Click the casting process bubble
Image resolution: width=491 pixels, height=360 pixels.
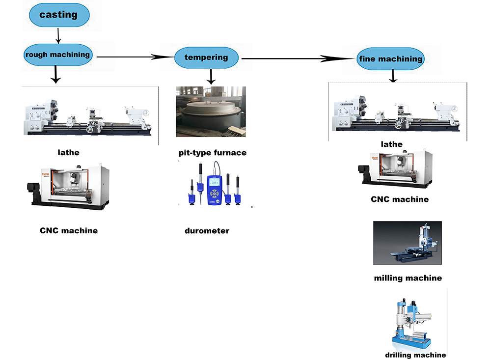[x=59, y=15]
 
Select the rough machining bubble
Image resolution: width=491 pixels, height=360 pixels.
[x=58, y=55]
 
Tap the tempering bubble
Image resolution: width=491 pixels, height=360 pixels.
[x=206, y=57]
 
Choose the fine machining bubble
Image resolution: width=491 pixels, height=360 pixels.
[x=391, y=59]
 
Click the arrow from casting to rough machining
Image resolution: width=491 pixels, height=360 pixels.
[x=58, y=35]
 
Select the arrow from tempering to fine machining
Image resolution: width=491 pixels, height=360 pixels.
[x=297, y=59]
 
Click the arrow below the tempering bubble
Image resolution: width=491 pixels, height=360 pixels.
[x=211, y=76]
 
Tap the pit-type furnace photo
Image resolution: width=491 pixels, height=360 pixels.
[x=211, y=111]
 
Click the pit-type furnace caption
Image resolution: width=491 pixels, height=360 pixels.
[x=212, y=153]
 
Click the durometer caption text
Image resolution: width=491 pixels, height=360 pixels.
[x=207, y=230]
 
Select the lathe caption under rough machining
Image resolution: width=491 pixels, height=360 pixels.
[x=68, y=152]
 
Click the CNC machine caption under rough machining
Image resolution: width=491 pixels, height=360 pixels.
[x=69, y=230]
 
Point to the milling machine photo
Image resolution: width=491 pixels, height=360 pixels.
[x=407, y=244]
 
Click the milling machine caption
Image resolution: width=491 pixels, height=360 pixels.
[x=408, y=278]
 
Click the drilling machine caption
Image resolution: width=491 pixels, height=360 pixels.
[x=415, y=355]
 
